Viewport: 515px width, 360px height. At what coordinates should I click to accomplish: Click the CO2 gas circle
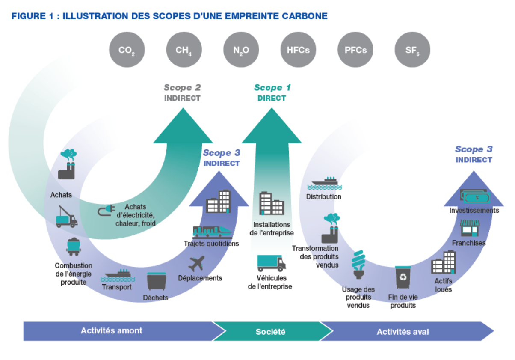coord(127,50)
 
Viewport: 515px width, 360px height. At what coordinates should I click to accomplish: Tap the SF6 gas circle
coord(412,50)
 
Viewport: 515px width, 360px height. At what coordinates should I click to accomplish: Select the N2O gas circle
coord(241,50)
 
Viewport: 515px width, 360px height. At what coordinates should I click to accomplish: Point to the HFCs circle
coord(298,50)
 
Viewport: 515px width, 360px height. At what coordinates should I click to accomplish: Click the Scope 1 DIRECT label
coord(272,92)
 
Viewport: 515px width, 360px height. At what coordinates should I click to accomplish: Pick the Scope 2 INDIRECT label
coord(182,92)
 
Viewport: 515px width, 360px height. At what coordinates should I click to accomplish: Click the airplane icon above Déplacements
coord(197,263)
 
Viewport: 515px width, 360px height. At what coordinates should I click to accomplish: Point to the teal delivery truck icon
coord(271,263)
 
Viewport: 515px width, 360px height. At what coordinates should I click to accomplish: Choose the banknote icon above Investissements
coord(473,196)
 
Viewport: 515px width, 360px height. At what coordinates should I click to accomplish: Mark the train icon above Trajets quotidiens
coord(212,232)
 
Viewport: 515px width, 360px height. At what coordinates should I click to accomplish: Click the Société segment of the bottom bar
coord(270,332)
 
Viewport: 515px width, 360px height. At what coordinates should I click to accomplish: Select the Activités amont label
coord(112,331)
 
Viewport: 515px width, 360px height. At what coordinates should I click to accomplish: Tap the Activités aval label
coord(403,332)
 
